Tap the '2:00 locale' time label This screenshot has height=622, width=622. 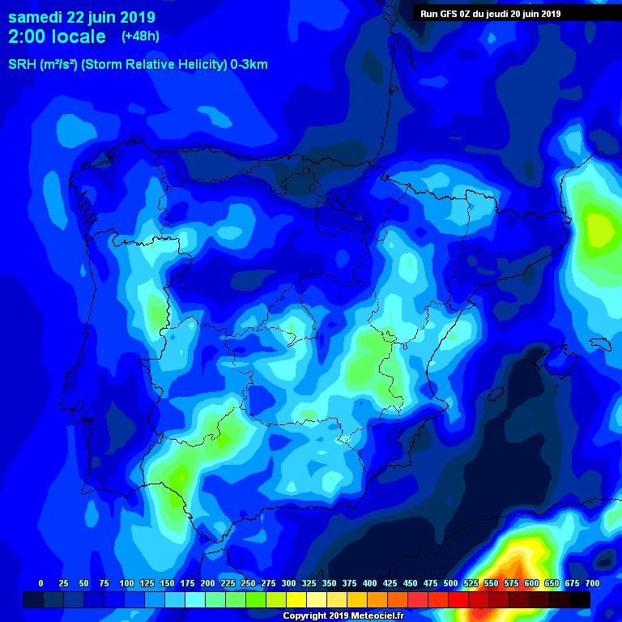tap(57, 36)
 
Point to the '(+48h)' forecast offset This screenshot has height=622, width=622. tap(140, 36)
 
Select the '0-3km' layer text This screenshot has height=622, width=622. tap(249, 65)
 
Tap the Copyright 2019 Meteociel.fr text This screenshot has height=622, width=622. tap(342, 616)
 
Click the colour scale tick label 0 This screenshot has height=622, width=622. tap(41, 583)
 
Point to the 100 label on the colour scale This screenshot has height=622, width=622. tap(126, 583)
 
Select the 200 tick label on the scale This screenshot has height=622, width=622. tap(207, 583)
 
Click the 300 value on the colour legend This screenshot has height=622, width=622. tap(288, 583)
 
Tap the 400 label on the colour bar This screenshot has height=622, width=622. tap(370, 583)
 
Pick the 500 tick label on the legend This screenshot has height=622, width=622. tap(451, 583)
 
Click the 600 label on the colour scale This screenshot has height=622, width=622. tap(532, 583)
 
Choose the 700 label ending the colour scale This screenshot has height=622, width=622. tap(592, 583)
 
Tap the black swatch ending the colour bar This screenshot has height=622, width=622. tap(580, 599)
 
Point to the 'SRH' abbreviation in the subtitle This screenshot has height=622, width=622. tap(22, 65)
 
